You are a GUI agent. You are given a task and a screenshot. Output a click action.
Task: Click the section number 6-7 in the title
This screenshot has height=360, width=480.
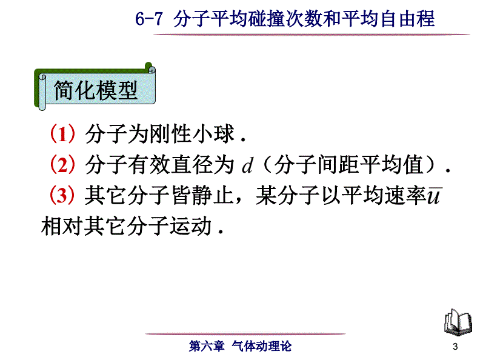click(148, 19)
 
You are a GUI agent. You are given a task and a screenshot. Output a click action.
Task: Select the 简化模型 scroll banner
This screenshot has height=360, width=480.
click(95, 87)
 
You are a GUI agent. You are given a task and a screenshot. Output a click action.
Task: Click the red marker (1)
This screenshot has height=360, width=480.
click(62, 134)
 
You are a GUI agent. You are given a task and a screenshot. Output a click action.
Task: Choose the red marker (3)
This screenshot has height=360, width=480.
click(62, 195)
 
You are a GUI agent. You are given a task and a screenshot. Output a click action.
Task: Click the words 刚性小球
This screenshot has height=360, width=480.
click(192, 134)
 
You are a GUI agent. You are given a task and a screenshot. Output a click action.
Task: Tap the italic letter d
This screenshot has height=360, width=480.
click(247, 165)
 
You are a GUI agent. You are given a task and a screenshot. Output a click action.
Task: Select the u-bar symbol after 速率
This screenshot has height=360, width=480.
click(434, 196)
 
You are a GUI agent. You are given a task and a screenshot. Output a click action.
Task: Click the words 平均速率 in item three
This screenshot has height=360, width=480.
click(384, 195)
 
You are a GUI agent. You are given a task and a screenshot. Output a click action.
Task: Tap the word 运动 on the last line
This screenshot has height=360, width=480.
click(190, 226)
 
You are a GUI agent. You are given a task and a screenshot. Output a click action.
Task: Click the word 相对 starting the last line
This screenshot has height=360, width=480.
click(62, 226)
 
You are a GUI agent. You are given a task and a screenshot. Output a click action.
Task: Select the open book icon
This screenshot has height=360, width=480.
click(458, 322)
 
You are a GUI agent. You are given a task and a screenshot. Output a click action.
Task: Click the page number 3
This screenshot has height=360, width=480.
click(455, 347)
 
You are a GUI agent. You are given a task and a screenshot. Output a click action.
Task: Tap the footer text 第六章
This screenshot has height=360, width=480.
click(207, 346)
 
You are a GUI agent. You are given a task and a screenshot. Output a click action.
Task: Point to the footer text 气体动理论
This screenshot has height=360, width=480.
click(262, 346)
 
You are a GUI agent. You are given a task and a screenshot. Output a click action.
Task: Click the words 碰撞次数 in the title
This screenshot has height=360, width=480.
click(284, 19)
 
